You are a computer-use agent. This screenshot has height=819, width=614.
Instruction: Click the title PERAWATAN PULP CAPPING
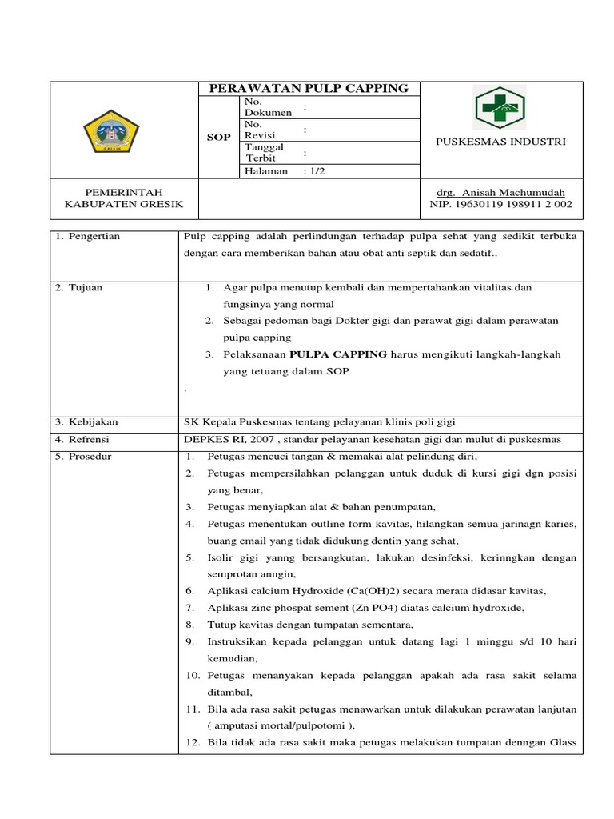point(309,89)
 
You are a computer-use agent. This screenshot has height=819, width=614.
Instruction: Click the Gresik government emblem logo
point(111,130)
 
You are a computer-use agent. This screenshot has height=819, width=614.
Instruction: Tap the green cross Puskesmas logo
point(500,108)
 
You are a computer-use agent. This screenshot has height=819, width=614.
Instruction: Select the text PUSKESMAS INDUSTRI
point(500,142)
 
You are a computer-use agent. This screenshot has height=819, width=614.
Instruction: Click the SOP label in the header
point(219,137)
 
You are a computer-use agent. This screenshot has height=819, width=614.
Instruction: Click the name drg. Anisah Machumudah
point(500,193)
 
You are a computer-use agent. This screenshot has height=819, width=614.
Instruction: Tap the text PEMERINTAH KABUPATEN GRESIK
point(123,198)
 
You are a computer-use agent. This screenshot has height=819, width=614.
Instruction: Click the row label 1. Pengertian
point(87,237)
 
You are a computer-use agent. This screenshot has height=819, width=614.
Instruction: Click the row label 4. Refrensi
point(82,439)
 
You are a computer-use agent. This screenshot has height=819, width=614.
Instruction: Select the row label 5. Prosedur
point(83,457)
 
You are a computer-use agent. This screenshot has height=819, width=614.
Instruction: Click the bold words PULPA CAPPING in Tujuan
point(338,354)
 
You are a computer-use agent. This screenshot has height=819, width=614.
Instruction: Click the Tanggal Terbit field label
point(265,153)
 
